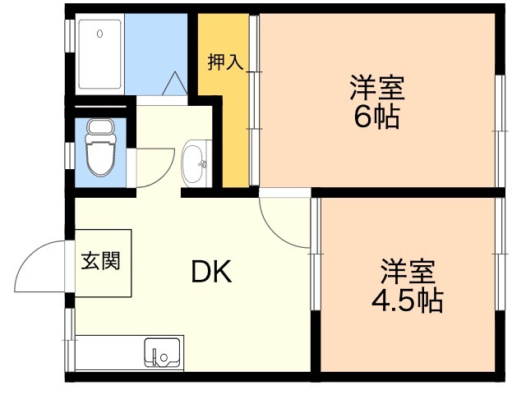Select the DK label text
(211, 272)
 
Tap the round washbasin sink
(195, 163)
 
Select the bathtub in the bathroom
(101, 54)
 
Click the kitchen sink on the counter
(162, 353)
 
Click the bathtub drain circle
(99, 34)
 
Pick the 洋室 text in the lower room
(406, 270)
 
